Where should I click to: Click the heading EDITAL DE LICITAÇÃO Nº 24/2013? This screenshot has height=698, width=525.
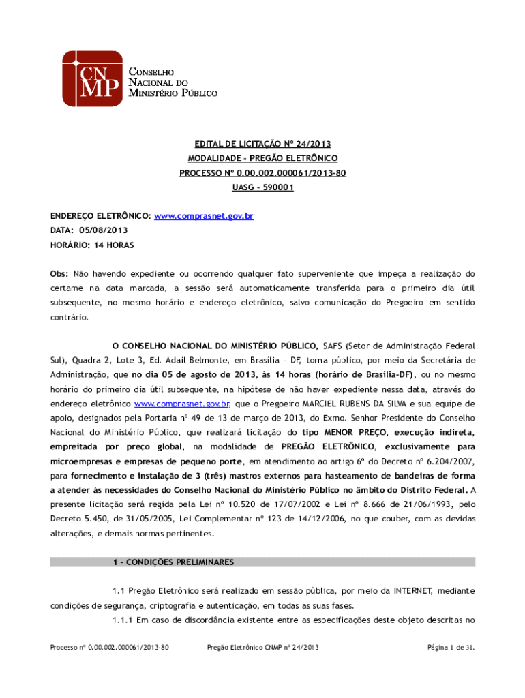pyautogui.click(x=262, y=145)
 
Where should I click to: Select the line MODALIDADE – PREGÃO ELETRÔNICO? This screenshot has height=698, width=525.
pyautogui.click(x=262, y=159)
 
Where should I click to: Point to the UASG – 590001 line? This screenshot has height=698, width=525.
pyautogui.click(x=262, y=187)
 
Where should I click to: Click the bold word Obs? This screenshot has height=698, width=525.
pyautogui.click(x=59, y=273)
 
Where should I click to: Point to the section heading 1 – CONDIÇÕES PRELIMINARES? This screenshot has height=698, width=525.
pyautogui.click(x=173, y=562)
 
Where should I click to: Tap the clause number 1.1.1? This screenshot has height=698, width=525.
pyautogui.click(x=123, y=620)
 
